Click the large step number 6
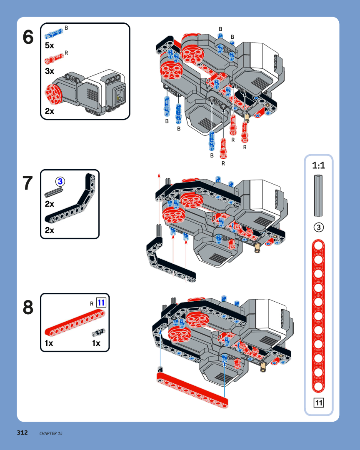tap(28, 38)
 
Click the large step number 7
tap(28, 184)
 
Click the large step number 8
tap(28, 308)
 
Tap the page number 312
tap(22, 432)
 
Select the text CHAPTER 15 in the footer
tap(51, 433)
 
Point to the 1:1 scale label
tap(318, 165)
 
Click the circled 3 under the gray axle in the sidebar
tap(318, 227)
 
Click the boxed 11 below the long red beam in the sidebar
tap(319, 402)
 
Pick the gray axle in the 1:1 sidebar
tap(318, 195)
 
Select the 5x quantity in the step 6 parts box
tap(50, 45)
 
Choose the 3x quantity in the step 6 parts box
tap(50, 71)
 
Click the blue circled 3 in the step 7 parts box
tap(60, 182)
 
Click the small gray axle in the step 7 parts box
tap(54, 192)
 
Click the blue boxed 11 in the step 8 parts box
tap(101, 303)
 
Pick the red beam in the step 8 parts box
tap(75, 323)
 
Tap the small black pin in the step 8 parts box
tap(99, 332)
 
